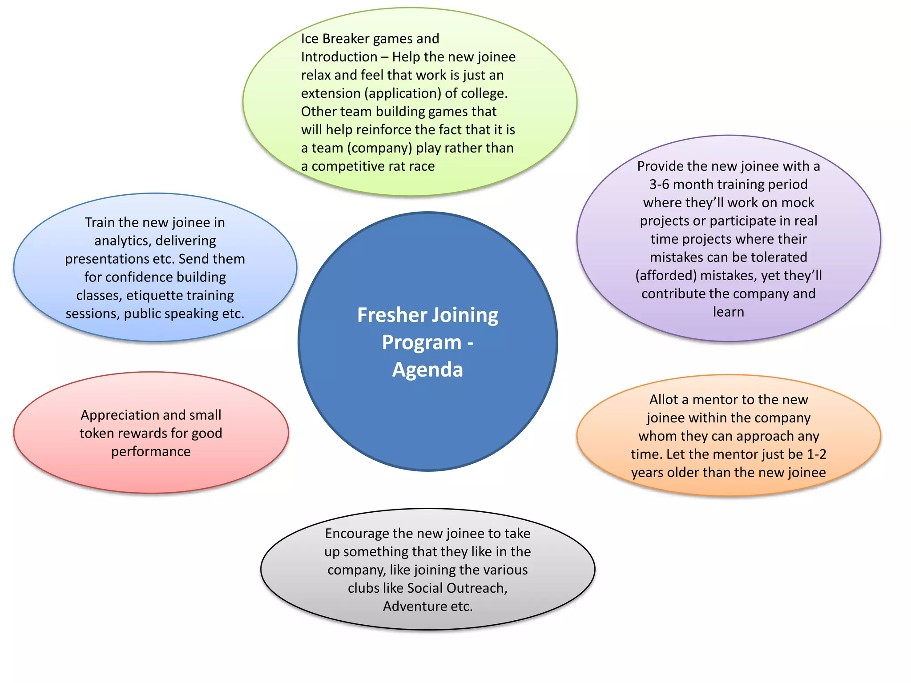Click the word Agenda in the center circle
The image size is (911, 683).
coord(427,370)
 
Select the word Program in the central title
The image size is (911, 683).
coord(422,343)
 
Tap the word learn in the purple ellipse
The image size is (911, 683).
coord(728,312)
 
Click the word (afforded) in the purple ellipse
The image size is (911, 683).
coord(665,276)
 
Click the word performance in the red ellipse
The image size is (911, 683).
coord(151,452)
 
